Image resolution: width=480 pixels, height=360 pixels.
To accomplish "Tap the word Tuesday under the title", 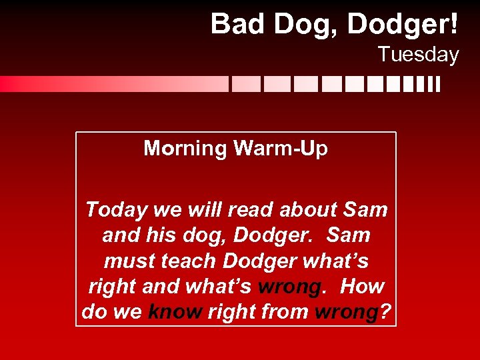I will (418, 54).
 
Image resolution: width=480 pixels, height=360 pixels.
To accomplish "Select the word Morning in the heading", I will (185, 148).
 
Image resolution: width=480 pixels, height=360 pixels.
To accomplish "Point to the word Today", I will (117, 209).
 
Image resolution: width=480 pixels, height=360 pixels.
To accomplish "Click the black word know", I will (174, 312).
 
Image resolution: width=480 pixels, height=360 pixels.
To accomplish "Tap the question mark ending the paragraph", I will (385, 312).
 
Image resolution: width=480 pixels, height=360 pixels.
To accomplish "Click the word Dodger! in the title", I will (403, 25).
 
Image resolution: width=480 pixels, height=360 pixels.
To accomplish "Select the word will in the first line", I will (204, 209).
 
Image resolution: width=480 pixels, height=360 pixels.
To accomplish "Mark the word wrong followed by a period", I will (289, 287).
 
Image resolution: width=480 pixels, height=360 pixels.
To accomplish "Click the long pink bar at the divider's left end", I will (113, 84).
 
